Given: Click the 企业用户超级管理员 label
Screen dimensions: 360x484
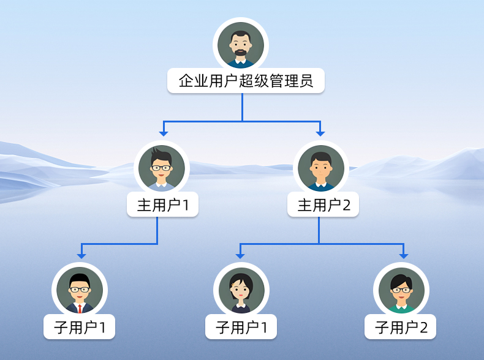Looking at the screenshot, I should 246,81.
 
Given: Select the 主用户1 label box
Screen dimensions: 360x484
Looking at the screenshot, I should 162,205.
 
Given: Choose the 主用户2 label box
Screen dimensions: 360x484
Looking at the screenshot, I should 323,205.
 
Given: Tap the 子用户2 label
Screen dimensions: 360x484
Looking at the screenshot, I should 400,328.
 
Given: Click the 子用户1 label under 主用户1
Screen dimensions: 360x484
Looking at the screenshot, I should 80,328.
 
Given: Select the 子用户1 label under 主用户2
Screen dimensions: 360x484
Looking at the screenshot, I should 241,328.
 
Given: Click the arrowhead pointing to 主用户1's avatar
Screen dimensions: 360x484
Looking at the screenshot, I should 163,132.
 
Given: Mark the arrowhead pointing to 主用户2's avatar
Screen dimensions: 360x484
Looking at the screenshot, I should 320,132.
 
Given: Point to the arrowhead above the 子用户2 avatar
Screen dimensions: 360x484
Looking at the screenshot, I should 403,255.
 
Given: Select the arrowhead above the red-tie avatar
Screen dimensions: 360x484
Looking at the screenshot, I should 81,255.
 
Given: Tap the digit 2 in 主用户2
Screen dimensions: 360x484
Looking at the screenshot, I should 346,206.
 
